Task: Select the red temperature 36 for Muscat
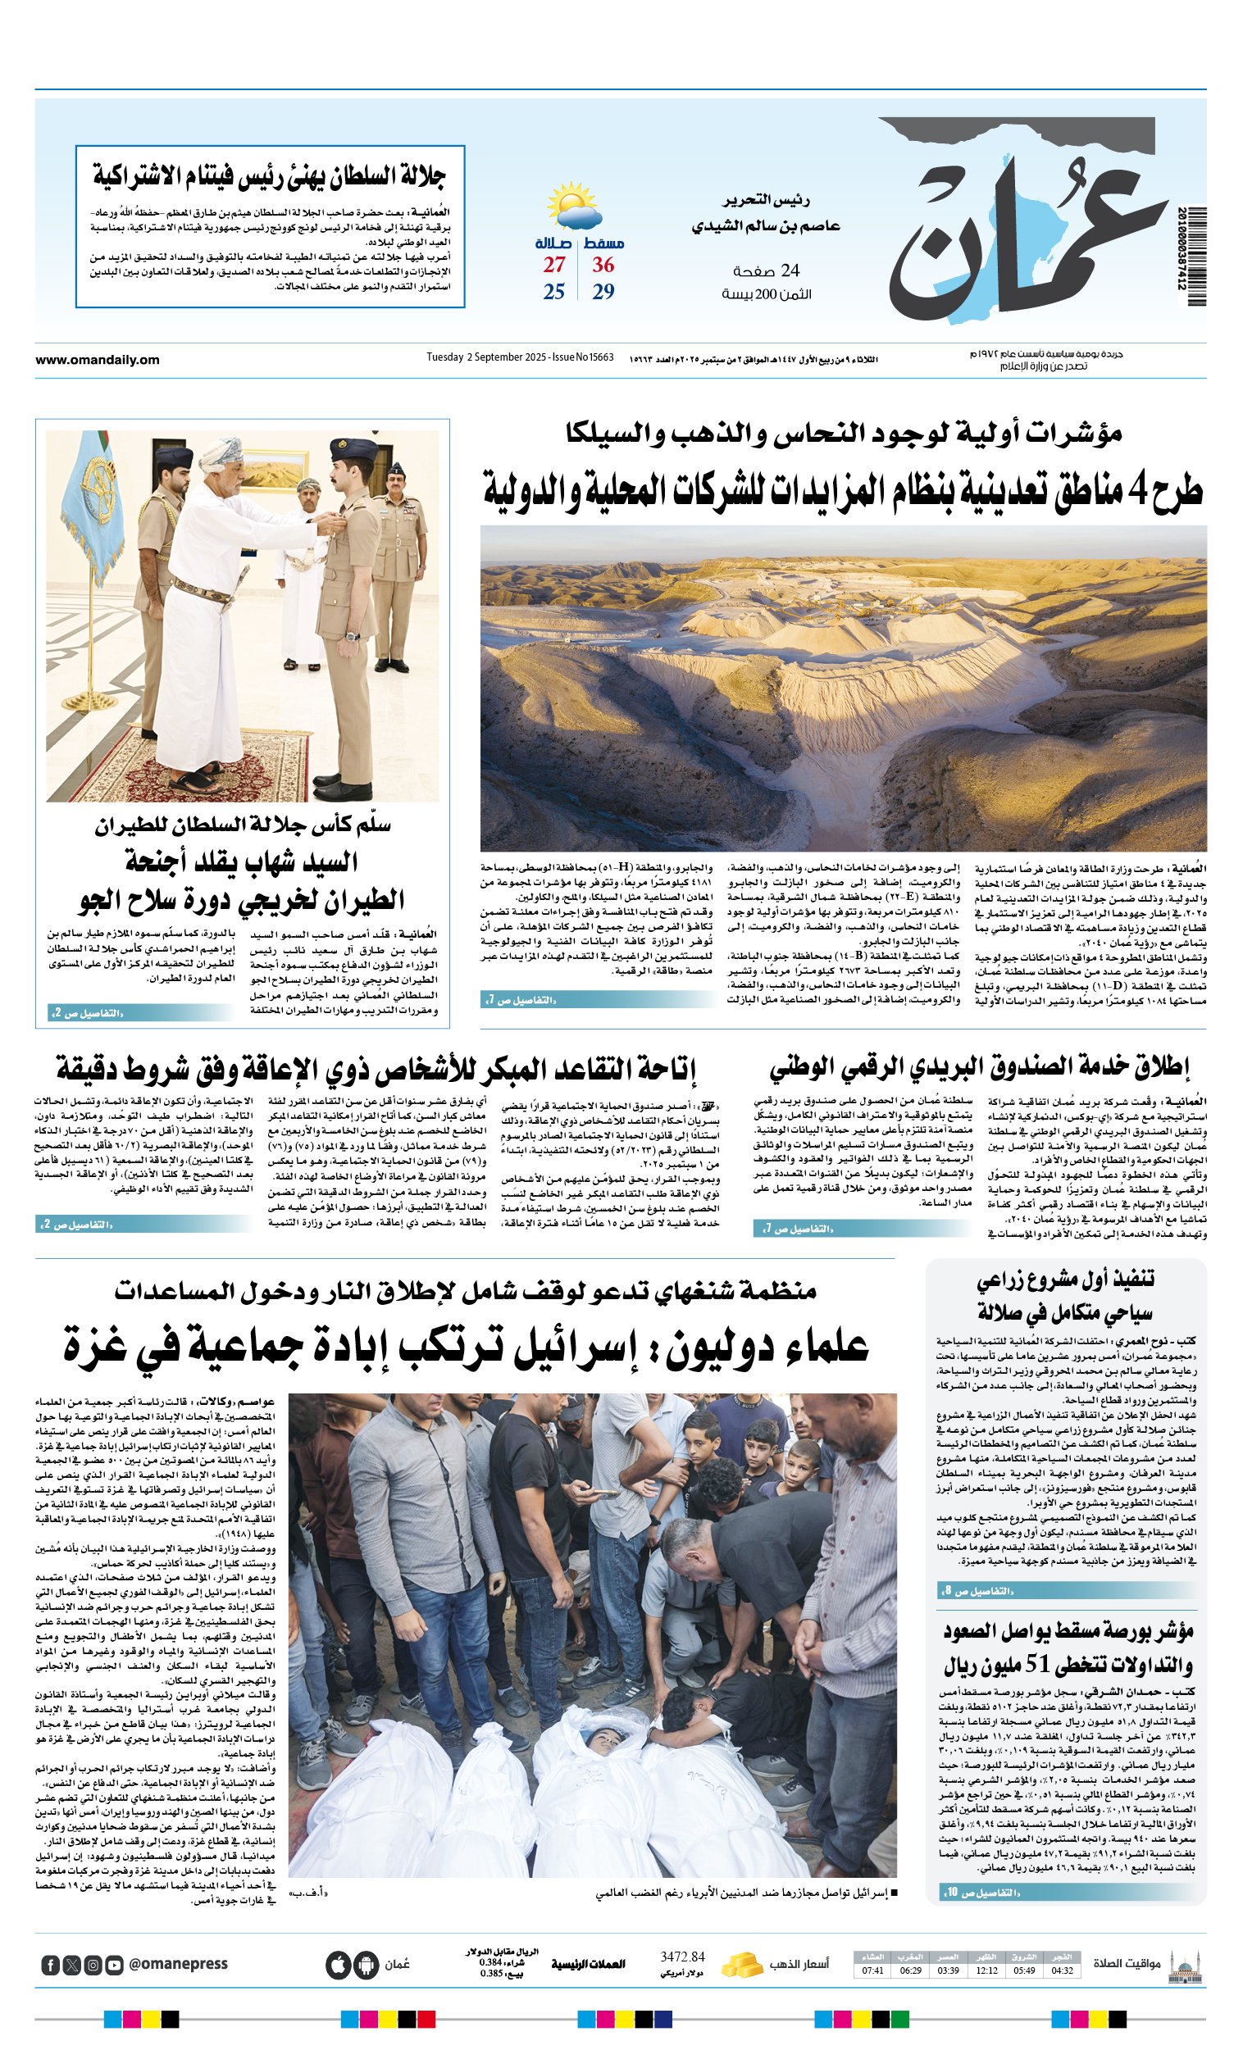(603, 265)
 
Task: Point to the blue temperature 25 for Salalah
(553, 292)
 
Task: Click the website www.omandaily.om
(97, 359)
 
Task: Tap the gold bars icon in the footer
(741, 1965)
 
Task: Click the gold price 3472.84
(682, 1957)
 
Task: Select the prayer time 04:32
(1063, 1970)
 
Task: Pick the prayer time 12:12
(986, 1970)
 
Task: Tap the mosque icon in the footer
(1186, 1965)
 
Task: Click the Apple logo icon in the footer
(338, 1965)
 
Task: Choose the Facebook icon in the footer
(50, 1965)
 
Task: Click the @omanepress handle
(178, 1964)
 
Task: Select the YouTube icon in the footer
(115, 1965)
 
